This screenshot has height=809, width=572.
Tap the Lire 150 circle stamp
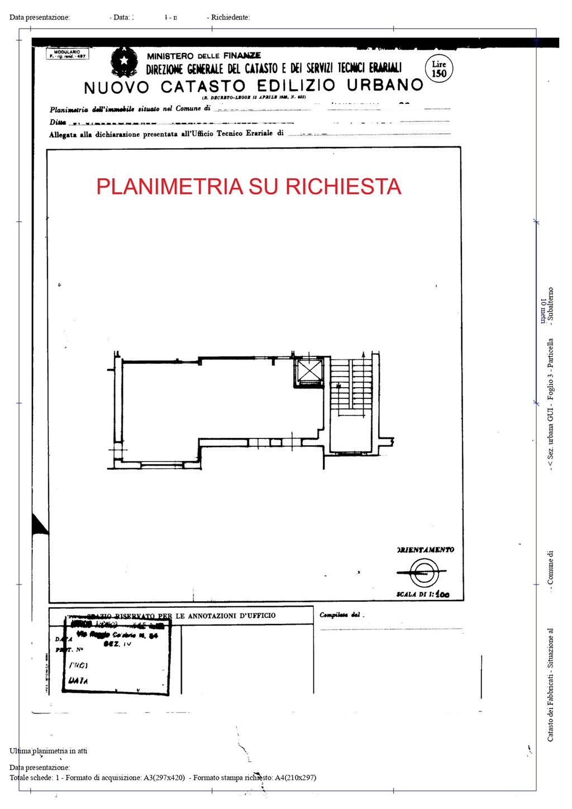click(x=439, y=69)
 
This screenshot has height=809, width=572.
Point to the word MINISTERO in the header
click(x=170, y=56)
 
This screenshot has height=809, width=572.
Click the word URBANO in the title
click(x=385, y=85)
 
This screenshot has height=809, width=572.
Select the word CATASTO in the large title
click(x=203, y=87)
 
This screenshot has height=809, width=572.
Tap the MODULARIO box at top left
click(x=68, y=54)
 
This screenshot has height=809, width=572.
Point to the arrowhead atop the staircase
click(x=363, y=354)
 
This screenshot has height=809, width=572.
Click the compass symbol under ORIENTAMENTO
click(x=422, y=572)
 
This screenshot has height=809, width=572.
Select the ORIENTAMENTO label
click(x=426, y=550)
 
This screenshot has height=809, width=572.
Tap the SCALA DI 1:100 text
click(x=423, y=594)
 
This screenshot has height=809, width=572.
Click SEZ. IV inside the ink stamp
click(x=117, y=644)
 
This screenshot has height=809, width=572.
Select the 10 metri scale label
click(x=543, y=311)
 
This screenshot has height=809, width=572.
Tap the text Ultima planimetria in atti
click(x=48, y=751)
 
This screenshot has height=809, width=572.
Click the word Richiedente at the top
click(x=230, y=17)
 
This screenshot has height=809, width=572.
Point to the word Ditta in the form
click(x=58, y=122)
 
